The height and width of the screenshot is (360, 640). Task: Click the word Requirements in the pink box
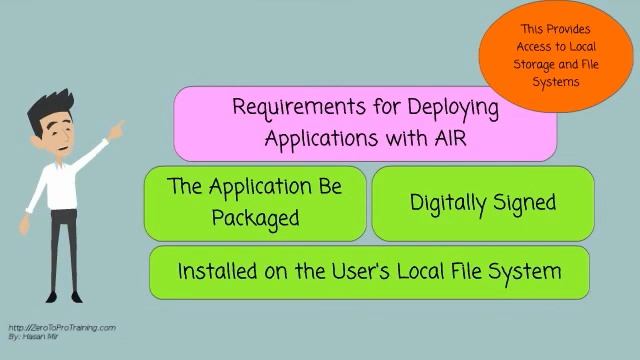[299, 107]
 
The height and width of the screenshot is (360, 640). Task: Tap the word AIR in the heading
[450, 138]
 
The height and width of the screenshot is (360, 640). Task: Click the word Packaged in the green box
[256, 218]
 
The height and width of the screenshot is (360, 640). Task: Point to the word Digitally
[448, 203]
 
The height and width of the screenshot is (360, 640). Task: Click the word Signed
[525, 203]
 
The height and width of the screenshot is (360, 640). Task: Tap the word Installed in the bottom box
[218, 271]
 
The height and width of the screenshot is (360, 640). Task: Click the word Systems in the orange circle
[556, 82]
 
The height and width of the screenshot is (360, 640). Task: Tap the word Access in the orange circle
[533, 47]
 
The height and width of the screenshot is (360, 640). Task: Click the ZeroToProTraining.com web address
[62, 328]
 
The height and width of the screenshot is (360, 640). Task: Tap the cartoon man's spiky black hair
[51, 106]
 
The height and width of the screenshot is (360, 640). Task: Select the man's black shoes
[64, 297]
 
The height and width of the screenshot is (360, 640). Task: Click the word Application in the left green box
[260, 187]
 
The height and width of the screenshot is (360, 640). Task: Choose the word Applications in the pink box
[321, 139]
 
